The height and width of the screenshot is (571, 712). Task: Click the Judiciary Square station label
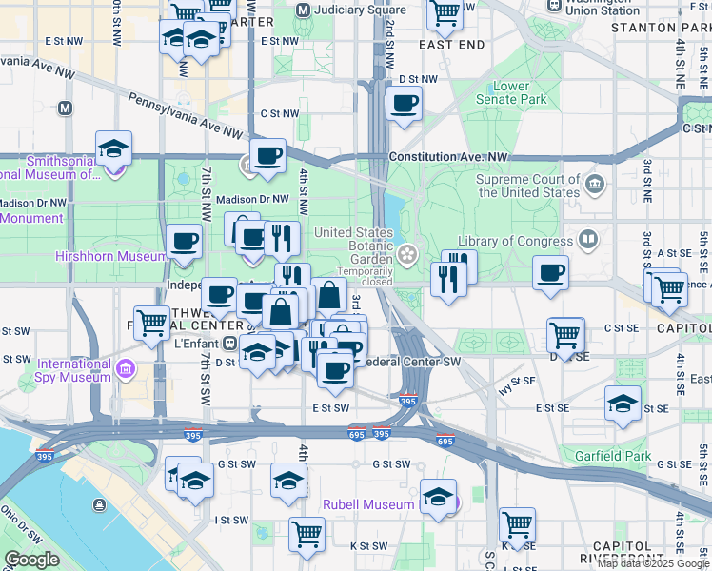tap(340, 10)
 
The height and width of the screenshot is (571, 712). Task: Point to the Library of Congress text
tap(517, 242)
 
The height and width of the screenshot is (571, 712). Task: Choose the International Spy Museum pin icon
tap(125, 367)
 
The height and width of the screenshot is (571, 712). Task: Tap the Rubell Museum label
tap(368, 504)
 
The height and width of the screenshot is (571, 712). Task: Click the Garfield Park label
tap(614, 456)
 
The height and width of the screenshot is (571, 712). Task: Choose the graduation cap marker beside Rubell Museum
tap(439, 497)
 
